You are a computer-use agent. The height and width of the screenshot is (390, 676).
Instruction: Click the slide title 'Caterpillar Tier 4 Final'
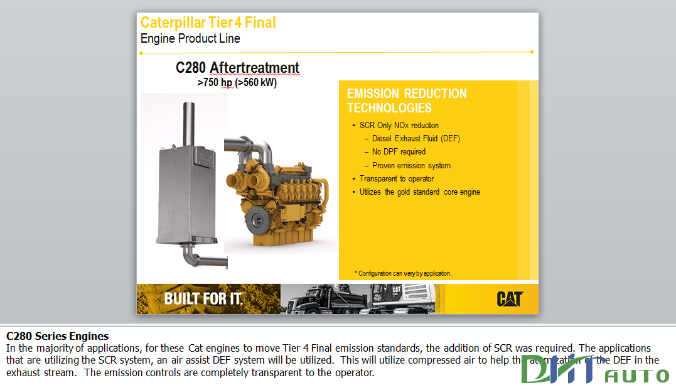click(x=208, y=23)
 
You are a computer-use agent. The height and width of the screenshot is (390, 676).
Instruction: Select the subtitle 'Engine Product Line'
click(x=190, y=38)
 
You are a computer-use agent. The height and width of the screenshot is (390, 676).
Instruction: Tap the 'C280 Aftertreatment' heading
click(x=237, y=67)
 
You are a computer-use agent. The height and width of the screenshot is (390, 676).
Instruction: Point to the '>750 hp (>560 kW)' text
click(x=237, y=82)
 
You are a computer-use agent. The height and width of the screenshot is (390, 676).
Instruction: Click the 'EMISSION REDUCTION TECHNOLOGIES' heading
click(x=407, y=100)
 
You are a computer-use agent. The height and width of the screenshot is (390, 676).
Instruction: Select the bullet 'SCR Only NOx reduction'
click(x=399, y=125)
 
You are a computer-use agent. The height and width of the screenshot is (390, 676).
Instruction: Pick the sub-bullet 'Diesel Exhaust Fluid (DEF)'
click(x=416, y=138)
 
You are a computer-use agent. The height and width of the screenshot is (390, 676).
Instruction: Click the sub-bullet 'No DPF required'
click(x=399, y=151)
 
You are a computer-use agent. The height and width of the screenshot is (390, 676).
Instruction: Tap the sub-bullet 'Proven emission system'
click(x=411, y=166)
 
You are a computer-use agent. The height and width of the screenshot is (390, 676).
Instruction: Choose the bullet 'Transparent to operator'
click(x=397, y=178)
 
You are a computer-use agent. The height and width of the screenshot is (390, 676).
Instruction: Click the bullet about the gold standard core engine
click(x=420, y=192)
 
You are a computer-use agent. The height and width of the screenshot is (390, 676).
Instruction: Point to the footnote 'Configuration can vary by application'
click(x=405, y=273)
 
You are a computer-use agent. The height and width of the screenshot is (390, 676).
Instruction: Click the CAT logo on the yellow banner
click(x=509, y=299)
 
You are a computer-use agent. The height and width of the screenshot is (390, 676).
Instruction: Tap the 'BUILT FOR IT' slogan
click(x=203, y=298)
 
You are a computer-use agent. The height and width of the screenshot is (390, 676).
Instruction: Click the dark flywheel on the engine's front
click(x=255, y=220)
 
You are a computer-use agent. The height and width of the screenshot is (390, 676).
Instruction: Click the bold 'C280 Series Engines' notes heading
click(x=58, y=336)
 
